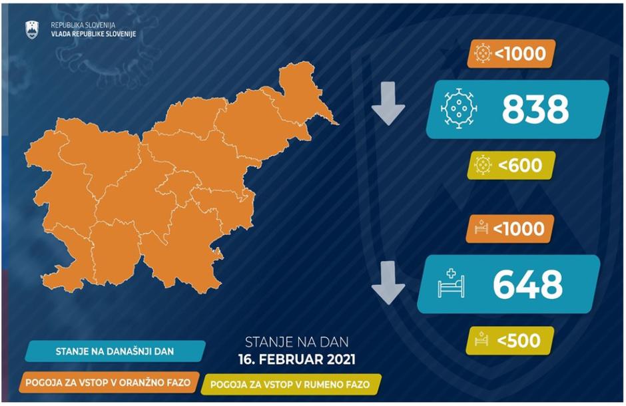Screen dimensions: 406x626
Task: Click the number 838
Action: (x=535, y=110)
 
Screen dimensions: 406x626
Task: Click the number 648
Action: (x=527, y=285)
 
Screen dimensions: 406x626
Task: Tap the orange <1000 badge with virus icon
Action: (x=513, y=53)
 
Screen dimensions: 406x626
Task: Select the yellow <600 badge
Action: (x=513, y=164)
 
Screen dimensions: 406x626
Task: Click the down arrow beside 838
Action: (x=389, y=104)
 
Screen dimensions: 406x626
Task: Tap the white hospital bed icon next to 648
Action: (x=450, y=285)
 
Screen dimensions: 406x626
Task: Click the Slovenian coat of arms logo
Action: (x=32, y=29)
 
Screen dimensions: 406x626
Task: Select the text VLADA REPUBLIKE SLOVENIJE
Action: (x=93, y=33)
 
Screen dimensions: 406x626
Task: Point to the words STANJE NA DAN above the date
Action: (x=296, y=343)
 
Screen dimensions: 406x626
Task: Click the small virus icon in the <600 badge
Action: (x=483, y=164)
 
